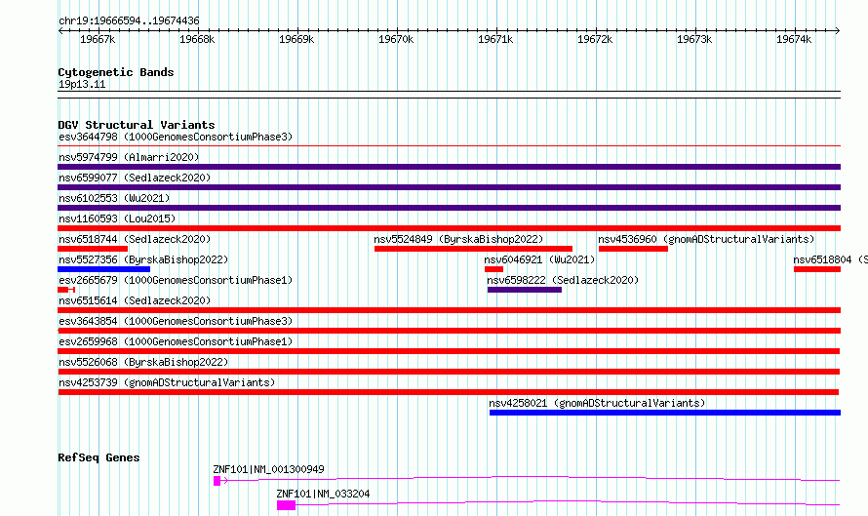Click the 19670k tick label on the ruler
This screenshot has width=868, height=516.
pyautogui.click(x=396, y=39)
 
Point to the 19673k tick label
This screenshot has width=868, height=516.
pyautogui.click(x=694, y=39)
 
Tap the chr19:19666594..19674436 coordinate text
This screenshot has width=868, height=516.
pyautogui.click(x=129, y=21)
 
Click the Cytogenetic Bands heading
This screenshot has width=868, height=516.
pyautogui.click(x=116, y=72)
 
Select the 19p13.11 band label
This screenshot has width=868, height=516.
pyautogui.click(x=82, y=85)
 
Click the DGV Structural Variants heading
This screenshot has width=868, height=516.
pyautogui.click(x=137, y=125)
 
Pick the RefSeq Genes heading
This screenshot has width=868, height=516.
pyautogui.click(x=99, y=457)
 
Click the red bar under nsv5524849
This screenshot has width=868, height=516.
pyautogui.click(x=473, y=249)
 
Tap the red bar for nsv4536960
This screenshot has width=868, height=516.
pyautogui.click(x=633, y=249)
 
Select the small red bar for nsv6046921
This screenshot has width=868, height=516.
pyautogui.click(x=493, y=269)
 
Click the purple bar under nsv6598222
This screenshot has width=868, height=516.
pyautogui.click(x=525, y=290)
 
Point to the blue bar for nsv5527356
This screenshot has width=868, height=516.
pyautogui.click(x=104, y=269)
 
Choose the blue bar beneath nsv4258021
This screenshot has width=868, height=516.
pyautogui.click(x=665, y=413)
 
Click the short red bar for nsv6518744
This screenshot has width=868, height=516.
pyautogui.click(x=93, y=249)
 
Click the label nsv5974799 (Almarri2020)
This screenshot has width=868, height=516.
pyautogui.click(x=129, y=158)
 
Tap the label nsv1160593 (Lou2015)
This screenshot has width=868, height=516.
pyautogui.click(x=117, y=219)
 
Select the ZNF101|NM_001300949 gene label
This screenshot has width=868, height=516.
pyautogui.click(x=268, y=469)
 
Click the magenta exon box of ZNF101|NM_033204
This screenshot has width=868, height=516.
pyautogui.click(x=286, y=505)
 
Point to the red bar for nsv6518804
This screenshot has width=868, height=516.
pyautogui.click(x=817, y=269)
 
